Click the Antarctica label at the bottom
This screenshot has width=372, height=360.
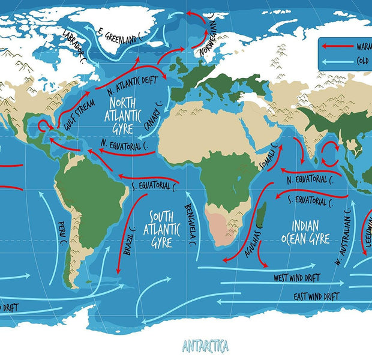pos(205,346)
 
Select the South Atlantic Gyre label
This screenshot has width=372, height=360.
pos(161,229)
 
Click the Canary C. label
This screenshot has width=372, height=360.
pos(154,118)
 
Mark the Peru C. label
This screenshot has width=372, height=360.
pos(62,234)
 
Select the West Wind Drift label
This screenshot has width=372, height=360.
pos(297,278)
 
